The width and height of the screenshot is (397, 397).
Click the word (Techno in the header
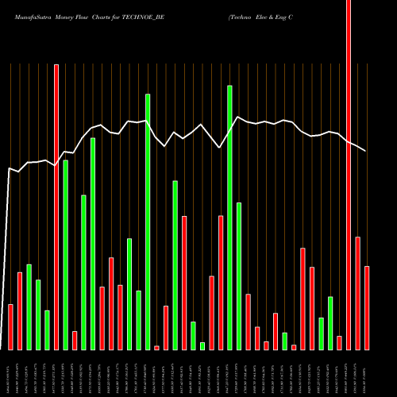(x=242, y=15)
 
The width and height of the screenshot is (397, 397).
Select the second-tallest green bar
(x=148, y=222)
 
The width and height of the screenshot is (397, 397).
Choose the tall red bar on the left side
(x=56, y=206)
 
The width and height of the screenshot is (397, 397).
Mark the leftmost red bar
(x=10, y=326)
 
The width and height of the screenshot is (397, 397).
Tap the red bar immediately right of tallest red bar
(x=357, y=293)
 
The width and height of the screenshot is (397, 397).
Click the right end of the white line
(x=366, y=151)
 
